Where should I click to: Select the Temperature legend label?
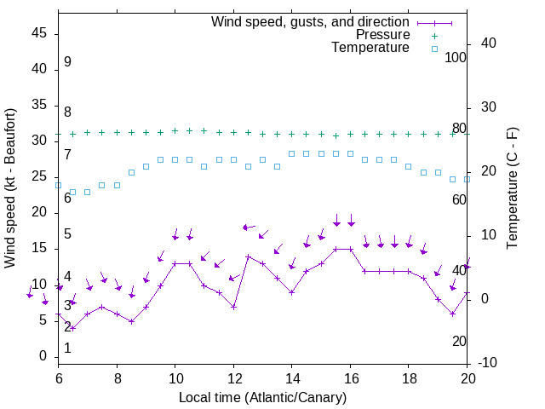click(370, 48)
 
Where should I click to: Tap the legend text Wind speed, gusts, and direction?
click(310, 21)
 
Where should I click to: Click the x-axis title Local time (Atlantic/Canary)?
click(263, 397)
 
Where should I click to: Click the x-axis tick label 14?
click(292, 377)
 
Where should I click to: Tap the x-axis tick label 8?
click(117, 377)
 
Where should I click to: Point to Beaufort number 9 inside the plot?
click(67, 62)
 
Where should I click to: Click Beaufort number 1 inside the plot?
click(67, 348)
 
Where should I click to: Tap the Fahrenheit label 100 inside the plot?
click(456, 57)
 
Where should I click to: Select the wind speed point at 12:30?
click(248, 256)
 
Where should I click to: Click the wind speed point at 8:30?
click(131, 321)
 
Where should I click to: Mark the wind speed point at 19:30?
click(452, 314)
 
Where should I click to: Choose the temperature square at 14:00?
click(292, 154)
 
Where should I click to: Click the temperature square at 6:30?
click(73, 192)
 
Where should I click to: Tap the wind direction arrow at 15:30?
click(336, 220)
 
